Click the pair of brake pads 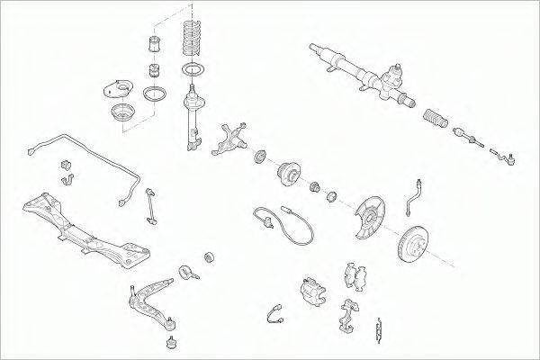[x=353, y=279]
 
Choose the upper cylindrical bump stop [x=154, y=45]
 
